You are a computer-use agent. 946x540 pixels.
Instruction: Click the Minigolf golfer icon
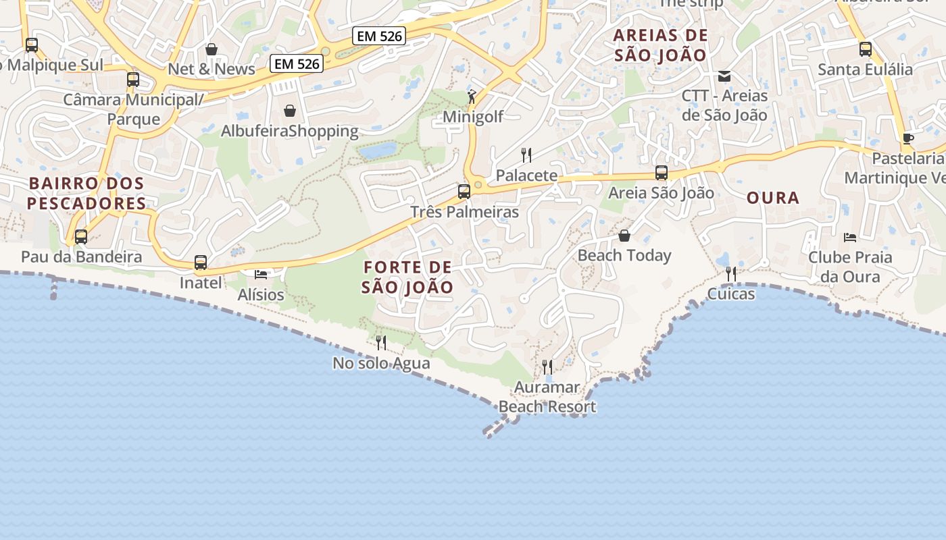click(472, 97)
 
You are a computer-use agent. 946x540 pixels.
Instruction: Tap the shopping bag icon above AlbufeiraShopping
click(290, 111)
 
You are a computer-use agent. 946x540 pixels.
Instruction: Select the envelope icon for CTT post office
click(724, 76)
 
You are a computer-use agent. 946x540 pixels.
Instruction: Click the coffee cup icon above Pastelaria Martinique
click(908, 138)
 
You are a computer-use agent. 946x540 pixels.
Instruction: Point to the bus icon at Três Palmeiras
click(464, 192)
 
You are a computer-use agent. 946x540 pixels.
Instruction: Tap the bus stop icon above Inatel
click(201, 263)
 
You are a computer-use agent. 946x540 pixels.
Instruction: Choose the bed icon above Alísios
click(261, 274)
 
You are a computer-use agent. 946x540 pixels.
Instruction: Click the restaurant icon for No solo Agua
click(381, 343)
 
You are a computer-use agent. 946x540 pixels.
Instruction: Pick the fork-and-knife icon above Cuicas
click(731, 273)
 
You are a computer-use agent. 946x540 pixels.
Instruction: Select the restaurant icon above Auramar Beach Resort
click(547, 367)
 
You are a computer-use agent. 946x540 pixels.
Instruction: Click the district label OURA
click(773, 198)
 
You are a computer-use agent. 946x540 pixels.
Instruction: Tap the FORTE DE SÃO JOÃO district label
click(407, 277)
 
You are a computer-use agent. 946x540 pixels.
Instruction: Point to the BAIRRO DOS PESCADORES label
click(86, 193)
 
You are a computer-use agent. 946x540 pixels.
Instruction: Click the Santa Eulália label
click(865, 70)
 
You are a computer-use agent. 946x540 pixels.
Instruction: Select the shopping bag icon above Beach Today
click(624, 236)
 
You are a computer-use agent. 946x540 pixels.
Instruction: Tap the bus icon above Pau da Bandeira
click(81, 237)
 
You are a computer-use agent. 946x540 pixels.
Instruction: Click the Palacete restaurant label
click(527, 175)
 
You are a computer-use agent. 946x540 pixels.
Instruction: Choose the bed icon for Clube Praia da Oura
click(850, 237)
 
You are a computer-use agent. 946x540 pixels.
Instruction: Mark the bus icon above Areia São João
click(662, 173)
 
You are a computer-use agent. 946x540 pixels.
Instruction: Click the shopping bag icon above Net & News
click(211, 49)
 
